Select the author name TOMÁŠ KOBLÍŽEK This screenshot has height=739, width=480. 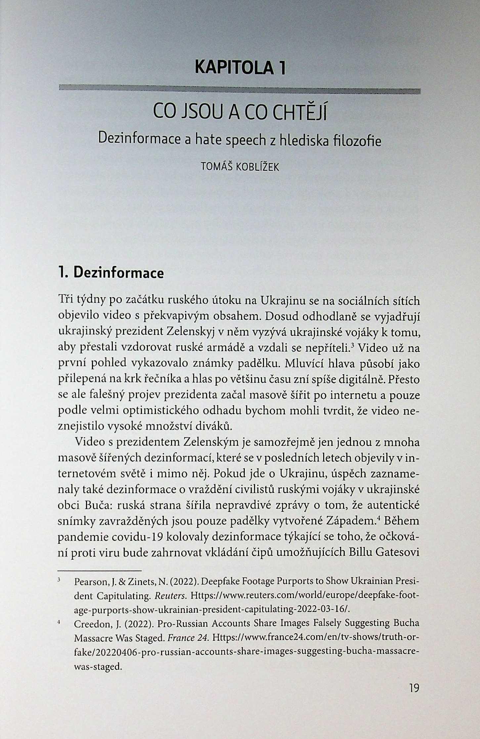click(x=240, y=167)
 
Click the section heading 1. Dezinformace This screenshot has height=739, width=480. click(x=111, y=273)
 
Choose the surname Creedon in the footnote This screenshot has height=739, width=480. click(x=90, y=624)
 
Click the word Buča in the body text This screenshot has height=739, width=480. click(x=88, y=506)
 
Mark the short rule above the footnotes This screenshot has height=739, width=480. click(x=100, y=571)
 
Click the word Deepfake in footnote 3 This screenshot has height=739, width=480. click(x=222, y=581)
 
